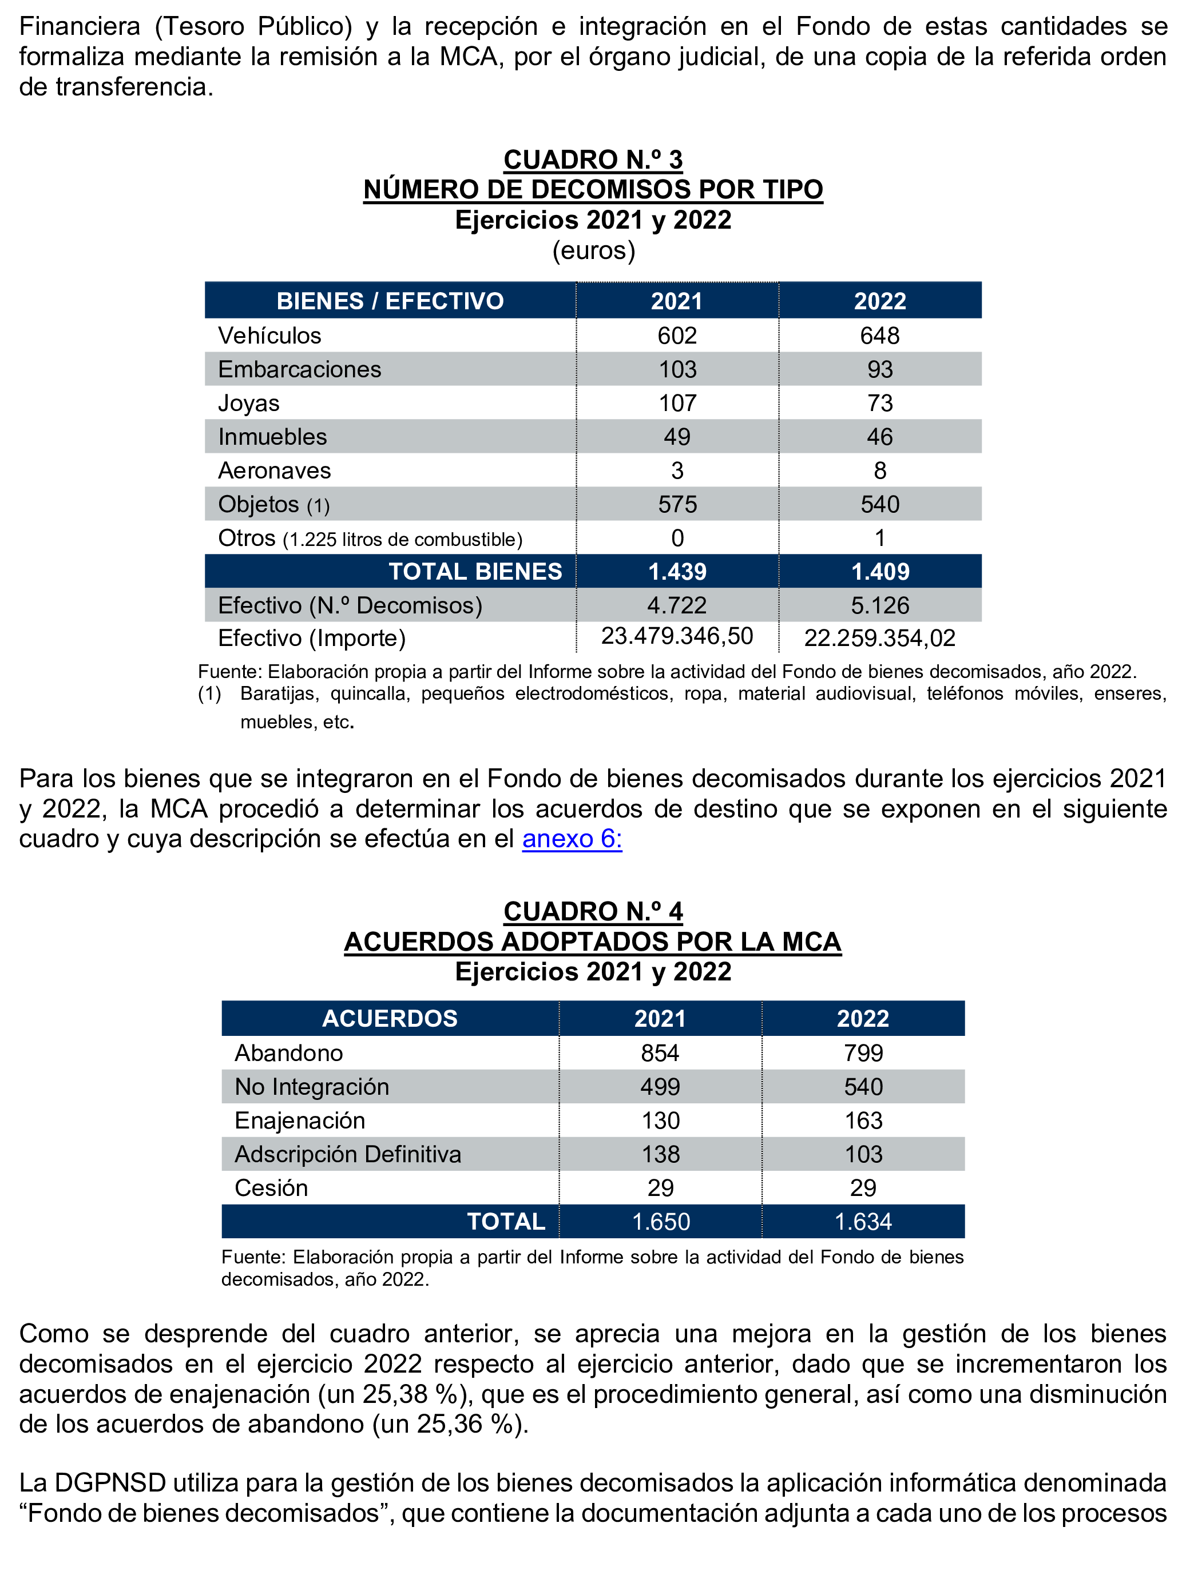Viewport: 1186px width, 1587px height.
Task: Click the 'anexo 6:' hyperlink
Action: (x=572, y=839)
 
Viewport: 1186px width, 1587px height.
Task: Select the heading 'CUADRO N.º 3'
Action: (x=593, y=160)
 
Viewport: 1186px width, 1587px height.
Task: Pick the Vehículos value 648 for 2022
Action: (x=879, y=336)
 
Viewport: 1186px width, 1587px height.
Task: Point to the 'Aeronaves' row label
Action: (x=274, y=470)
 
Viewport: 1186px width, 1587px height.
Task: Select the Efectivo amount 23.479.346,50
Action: (x=677, y=636)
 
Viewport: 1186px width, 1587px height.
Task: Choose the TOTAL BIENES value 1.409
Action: (x=880, y=572)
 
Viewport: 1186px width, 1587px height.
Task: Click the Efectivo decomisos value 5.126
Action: (x=880, y=605)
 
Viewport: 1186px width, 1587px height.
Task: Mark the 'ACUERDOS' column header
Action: (x=389, y=1019)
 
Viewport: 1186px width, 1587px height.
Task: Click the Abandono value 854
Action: (x=660, y=1053)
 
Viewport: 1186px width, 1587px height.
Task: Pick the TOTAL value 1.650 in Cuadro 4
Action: (x=660, y=1222)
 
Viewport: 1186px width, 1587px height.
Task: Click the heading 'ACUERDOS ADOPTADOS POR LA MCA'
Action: (x=592, y=942)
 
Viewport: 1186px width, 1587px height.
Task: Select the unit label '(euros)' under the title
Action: (x=593, y=250)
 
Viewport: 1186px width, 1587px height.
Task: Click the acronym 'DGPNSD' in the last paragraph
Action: (x=110, y=1483)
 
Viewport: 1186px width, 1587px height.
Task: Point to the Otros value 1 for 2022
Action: (x=879, y=538)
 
